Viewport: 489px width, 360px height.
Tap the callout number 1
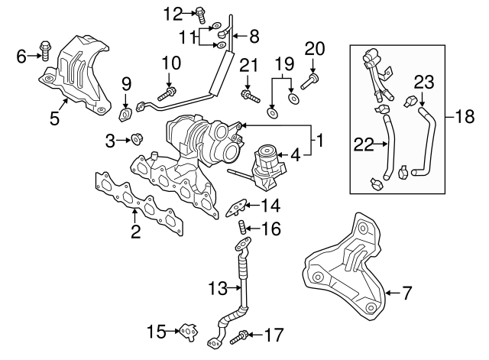tap(321, 141)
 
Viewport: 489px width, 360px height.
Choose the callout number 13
tap(218, 288)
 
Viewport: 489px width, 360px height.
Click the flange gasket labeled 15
tap(187, 332)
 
